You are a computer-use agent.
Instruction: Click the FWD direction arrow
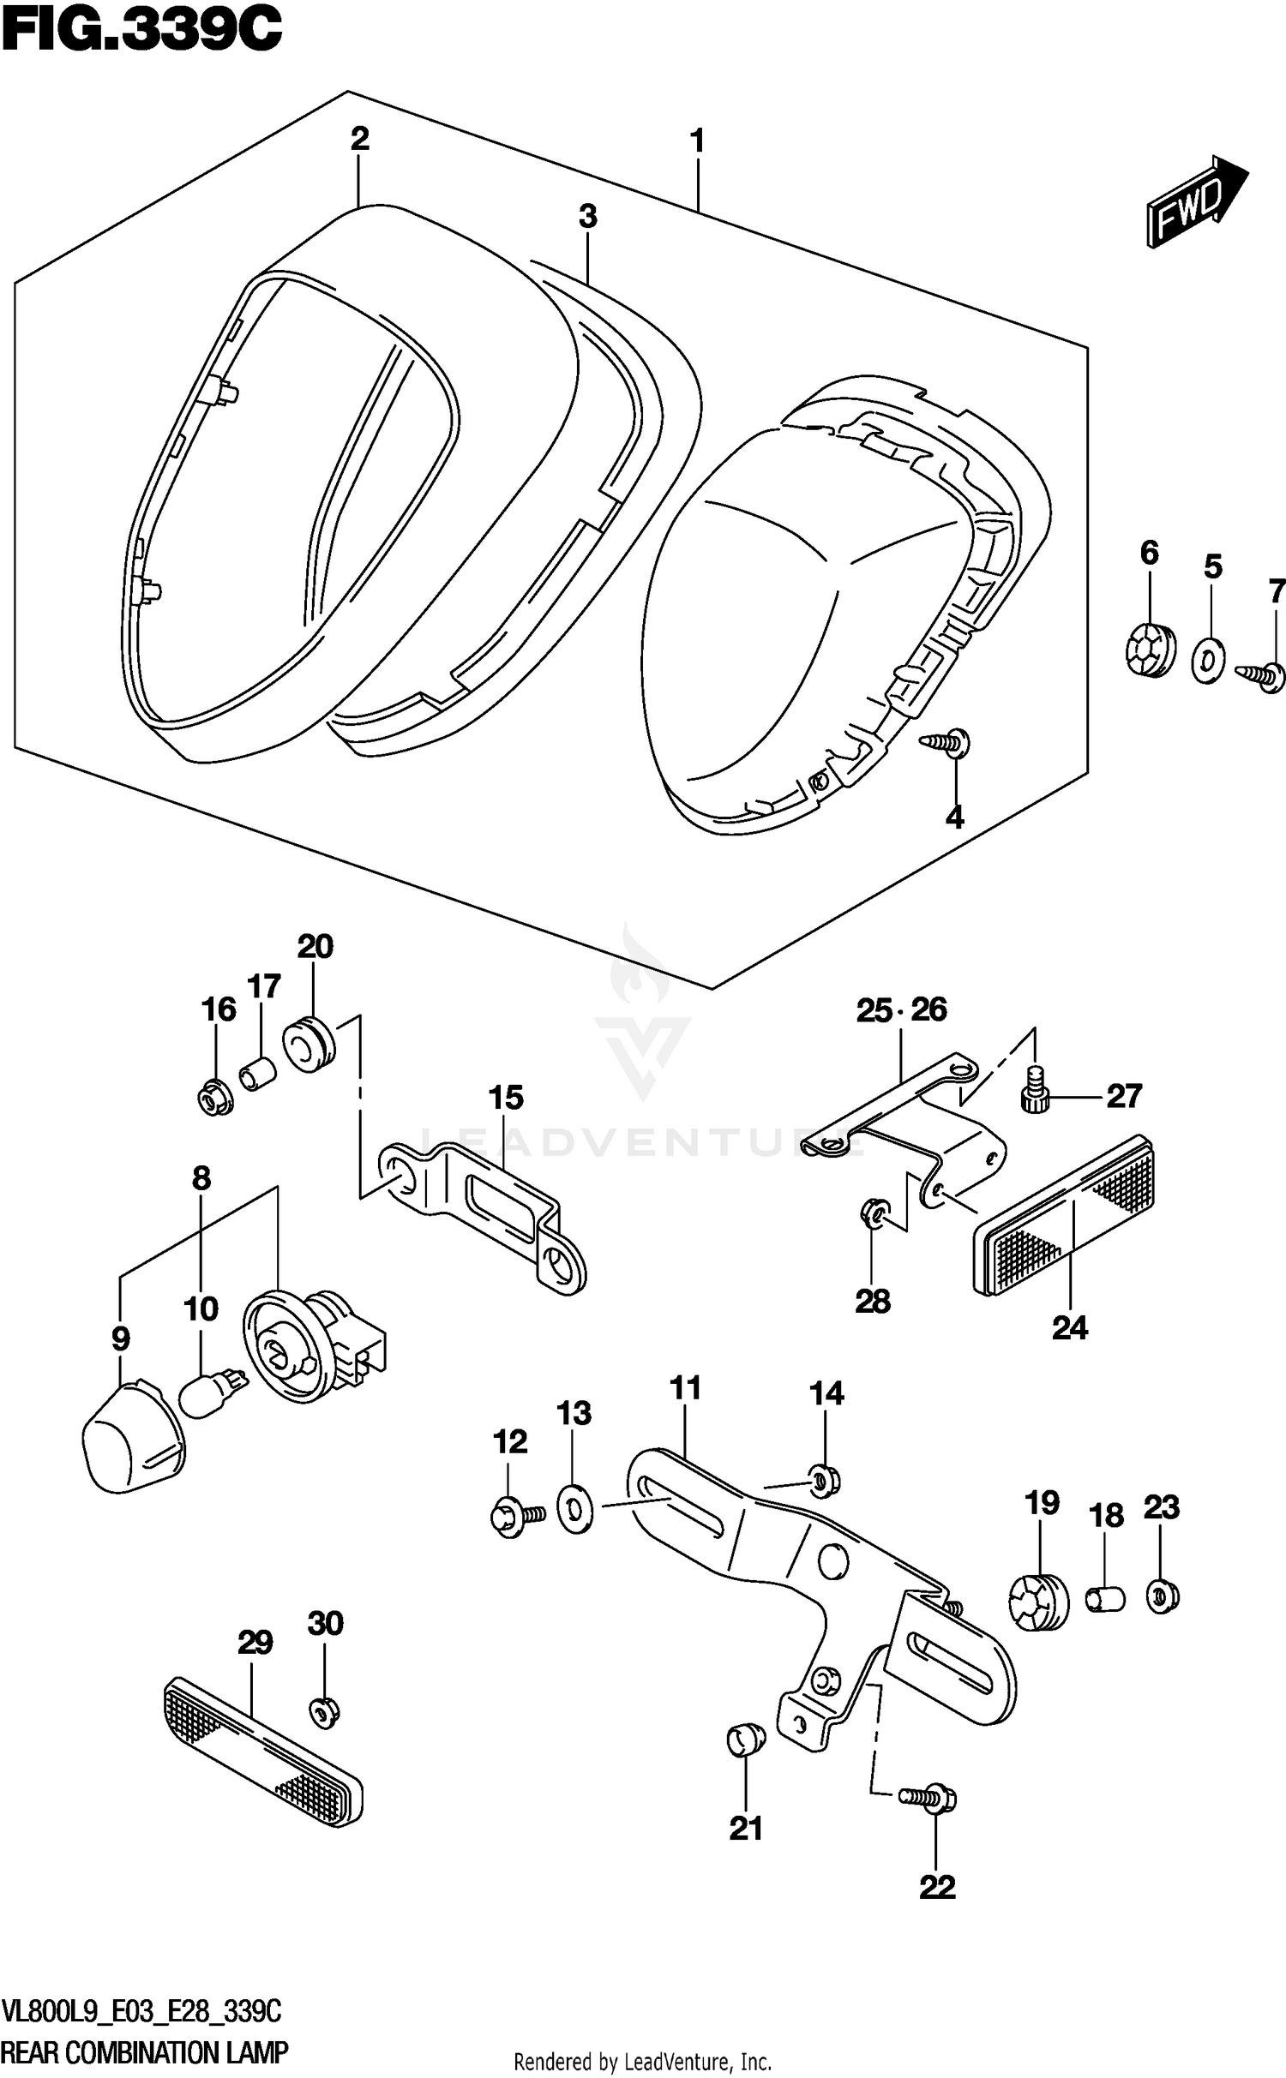[x=1196, y=203]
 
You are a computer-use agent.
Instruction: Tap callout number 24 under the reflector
[x=1070, y=1327]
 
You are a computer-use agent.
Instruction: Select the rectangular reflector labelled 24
[x=1063, y=1217]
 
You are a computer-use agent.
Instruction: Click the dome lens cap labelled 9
[x=133, y=1435]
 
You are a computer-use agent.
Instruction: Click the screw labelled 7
[x=1262, y=676]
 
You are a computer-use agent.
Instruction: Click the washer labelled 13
[x=574, y=1511]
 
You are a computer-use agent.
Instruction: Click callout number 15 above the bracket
[x=506, y=1097]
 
